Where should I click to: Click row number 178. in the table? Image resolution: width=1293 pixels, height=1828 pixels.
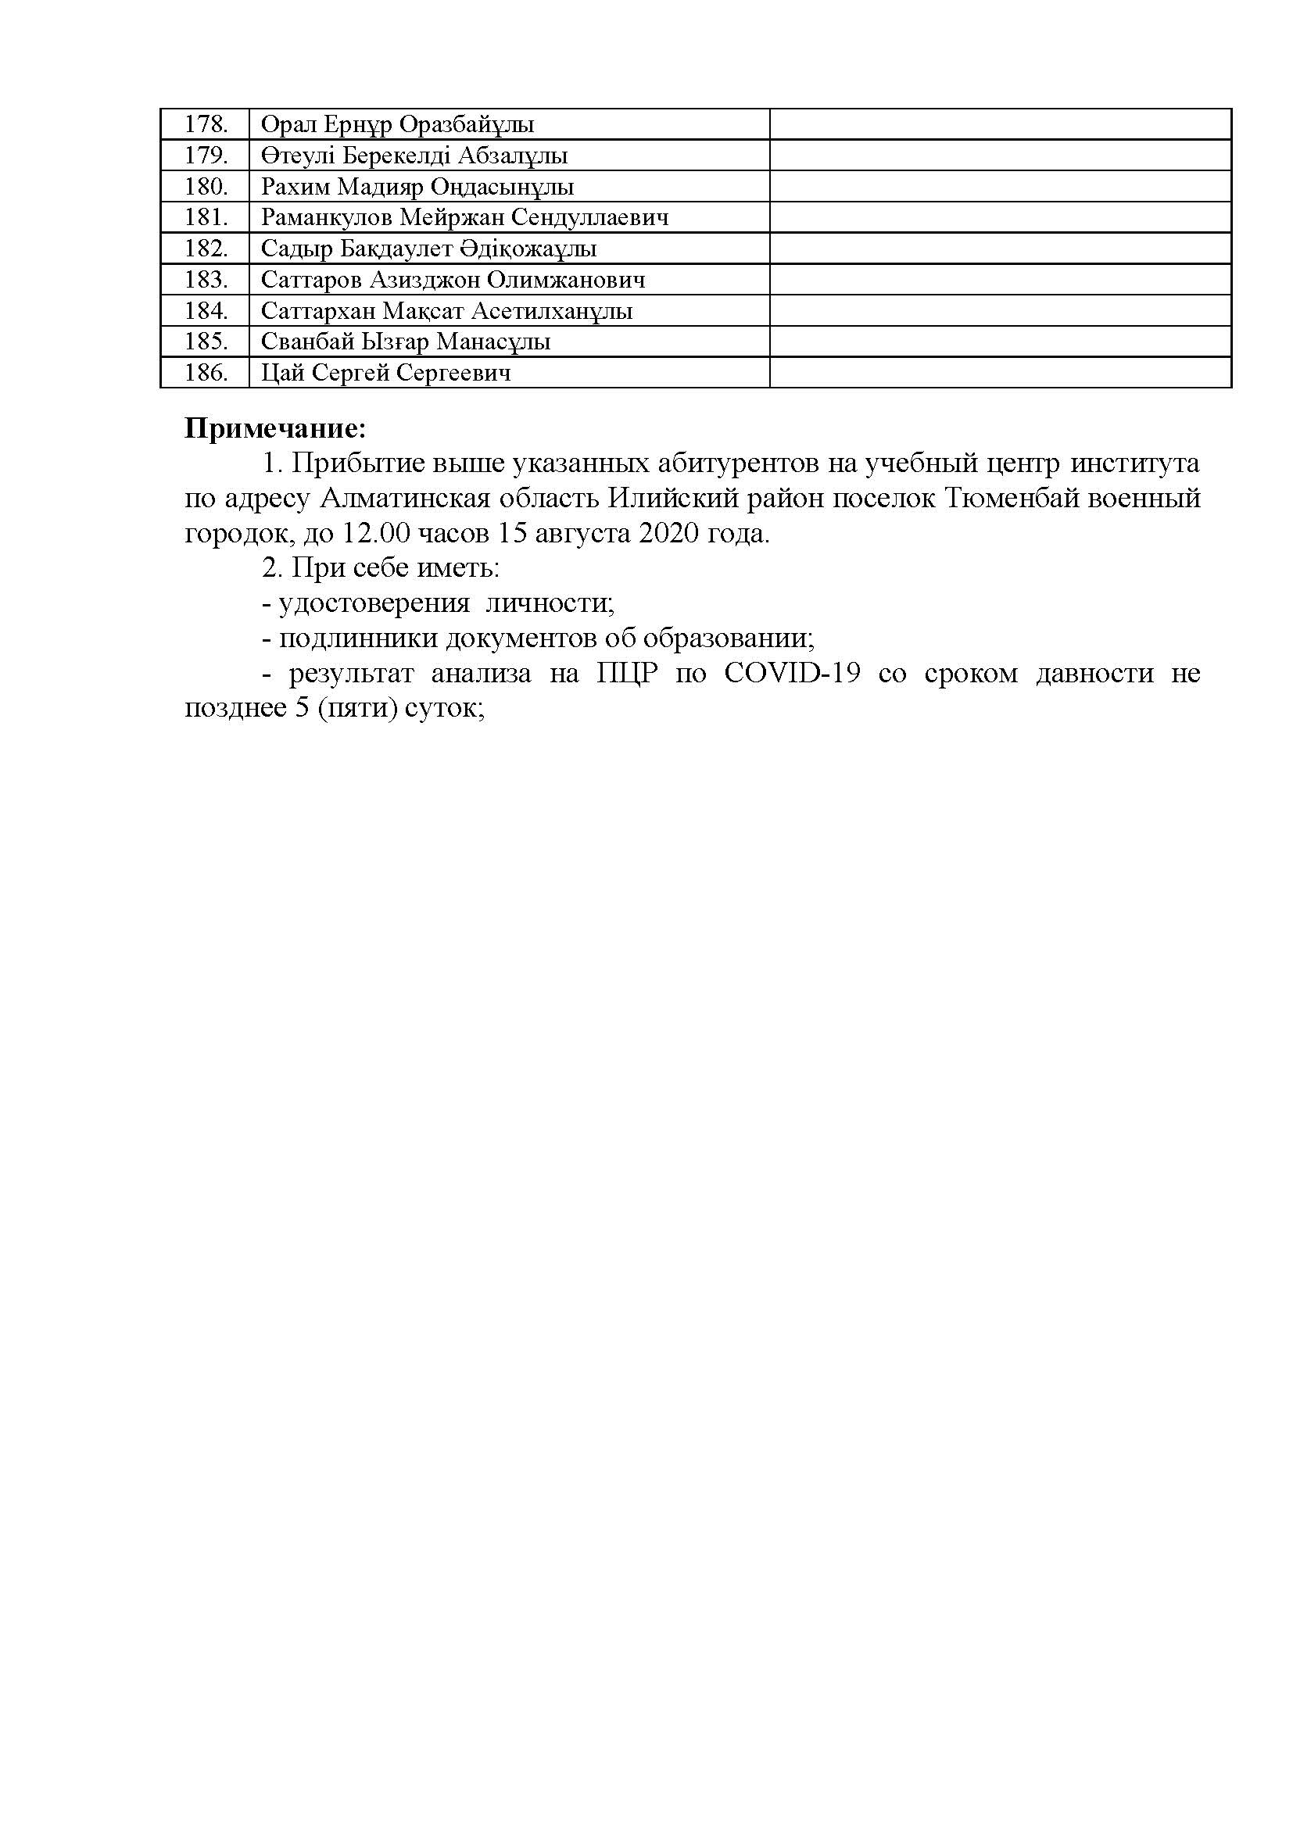[x=206, y=125]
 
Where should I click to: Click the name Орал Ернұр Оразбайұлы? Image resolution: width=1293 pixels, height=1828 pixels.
[x=397, y=125]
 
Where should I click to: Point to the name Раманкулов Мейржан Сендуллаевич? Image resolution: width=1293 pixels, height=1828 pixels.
[x=465, y=218]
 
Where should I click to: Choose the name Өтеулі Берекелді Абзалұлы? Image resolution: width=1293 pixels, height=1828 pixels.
[x=414, y=156]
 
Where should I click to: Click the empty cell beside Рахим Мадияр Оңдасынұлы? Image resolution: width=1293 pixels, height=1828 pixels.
[x=1000, y=187]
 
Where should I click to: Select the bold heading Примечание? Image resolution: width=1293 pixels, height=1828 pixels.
[x=275, y=429]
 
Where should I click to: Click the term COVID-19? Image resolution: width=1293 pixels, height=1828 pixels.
[x=792, y=674]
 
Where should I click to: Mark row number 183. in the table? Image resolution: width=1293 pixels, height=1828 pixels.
[x=206, y=281]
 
